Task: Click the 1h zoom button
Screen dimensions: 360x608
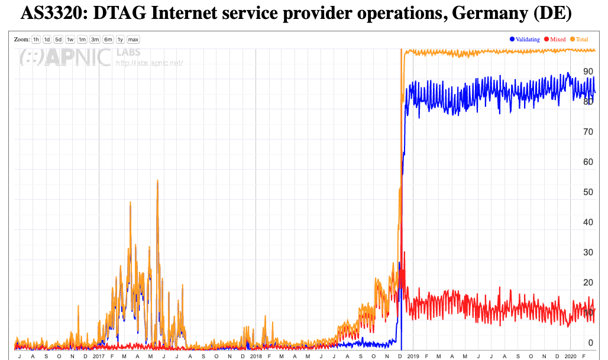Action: pyautogui.click(x=36, y=40)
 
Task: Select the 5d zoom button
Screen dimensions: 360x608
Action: pyautogui.click(x=59, y=40)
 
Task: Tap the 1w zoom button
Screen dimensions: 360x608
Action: pyautogui.click(x=70, y=40)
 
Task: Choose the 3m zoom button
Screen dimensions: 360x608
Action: pyautogui.click(x=95, y=40)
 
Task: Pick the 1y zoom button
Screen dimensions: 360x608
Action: pyautogui.click(x=121, y=40)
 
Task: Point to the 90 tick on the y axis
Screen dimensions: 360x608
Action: pyautogui.click(x=588, y=72)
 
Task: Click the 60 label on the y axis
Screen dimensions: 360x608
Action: pyautogui.click(x=588, y=162)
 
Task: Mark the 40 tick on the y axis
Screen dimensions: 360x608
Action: pyautogui.click(x=588, y=222)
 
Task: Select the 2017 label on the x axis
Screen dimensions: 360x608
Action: pyautogui.click(x=99, y=356)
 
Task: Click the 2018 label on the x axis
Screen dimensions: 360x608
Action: pyautogui.click(x=256, y=356)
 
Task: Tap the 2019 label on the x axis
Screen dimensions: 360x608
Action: pyautogui.click(x=413, y=356)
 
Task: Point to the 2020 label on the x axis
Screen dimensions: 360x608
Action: pyautogui.click(x=571, y=356)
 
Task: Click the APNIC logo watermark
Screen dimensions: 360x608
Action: pyautogui.click(x=65, y=57)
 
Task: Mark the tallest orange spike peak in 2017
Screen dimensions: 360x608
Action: pyautogui.click(x=157, y=181)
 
